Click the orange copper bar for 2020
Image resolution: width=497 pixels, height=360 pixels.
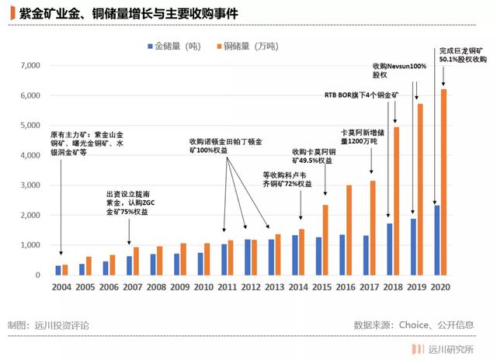coord(443,182)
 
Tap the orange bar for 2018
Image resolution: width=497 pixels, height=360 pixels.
coord(395,201)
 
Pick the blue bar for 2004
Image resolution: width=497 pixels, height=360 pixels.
coord(58,270)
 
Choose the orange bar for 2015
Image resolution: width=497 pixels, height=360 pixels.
coord(325,240)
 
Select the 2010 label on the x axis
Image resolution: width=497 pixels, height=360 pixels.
coord(204,286)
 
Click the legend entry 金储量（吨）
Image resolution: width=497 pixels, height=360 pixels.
coord(179,47)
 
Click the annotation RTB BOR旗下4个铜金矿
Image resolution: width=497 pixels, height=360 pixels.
coord(361,95)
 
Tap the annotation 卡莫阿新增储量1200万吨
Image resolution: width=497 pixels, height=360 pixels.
coord(362,137)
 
